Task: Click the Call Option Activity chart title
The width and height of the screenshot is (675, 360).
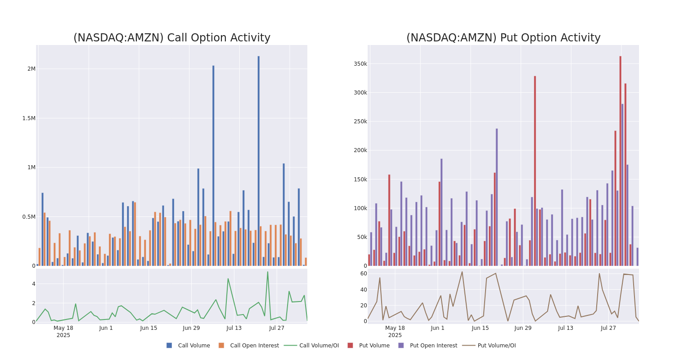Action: (171, 38)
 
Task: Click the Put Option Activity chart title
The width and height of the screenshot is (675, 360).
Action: (503, 38)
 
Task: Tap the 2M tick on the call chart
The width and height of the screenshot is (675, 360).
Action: (31, 69)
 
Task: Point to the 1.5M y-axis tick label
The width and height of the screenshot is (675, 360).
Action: (29, 118)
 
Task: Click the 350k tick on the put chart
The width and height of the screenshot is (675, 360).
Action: (360, 64)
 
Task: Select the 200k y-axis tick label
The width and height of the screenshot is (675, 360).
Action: (360, 150)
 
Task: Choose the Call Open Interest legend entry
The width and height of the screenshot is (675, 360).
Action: (254, 346)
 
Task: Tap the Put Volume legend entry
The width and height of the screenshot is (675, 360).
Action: (374, 346)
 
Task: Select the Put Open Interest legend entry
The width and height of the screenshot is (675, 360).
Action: (433, 346)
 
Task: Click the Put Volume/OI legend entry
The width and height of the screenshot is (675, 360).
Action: (496, 346)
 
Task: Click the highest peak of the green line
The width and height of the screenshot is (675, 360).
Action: (267, 272)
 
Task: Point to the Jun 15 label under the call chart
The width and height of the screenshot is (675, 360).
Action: (148, 328)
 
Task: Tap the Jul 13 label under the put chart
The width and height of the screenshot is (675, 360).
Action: (566, 328)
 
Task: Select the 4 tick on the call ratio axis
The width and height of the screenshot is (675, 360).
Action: (33, 284)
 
